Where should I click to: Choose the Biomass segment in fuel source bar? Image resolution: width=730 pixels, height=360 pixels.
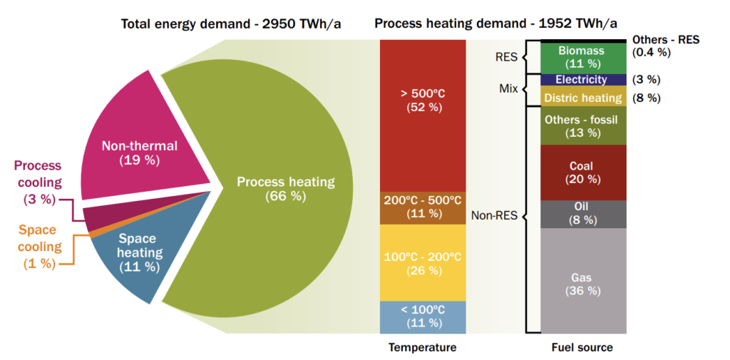point(581,57)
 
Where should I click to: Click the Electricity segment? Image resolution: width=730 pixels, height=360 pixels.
point(581,80)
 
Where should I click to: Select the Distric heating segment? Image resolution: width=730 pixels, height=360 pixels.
point(581,98)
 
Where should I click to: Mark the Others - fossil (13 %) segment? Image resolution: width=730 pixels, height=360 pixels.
point(581,126)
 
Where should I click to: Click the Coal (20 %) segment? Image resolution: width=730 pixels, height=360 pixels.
point(581,173)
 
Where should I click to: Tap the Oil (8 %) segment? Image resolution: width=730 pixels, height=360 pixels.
point(581,214)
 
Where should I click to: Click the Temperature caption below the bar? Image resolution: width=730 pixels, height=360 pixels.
point(422,347)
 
